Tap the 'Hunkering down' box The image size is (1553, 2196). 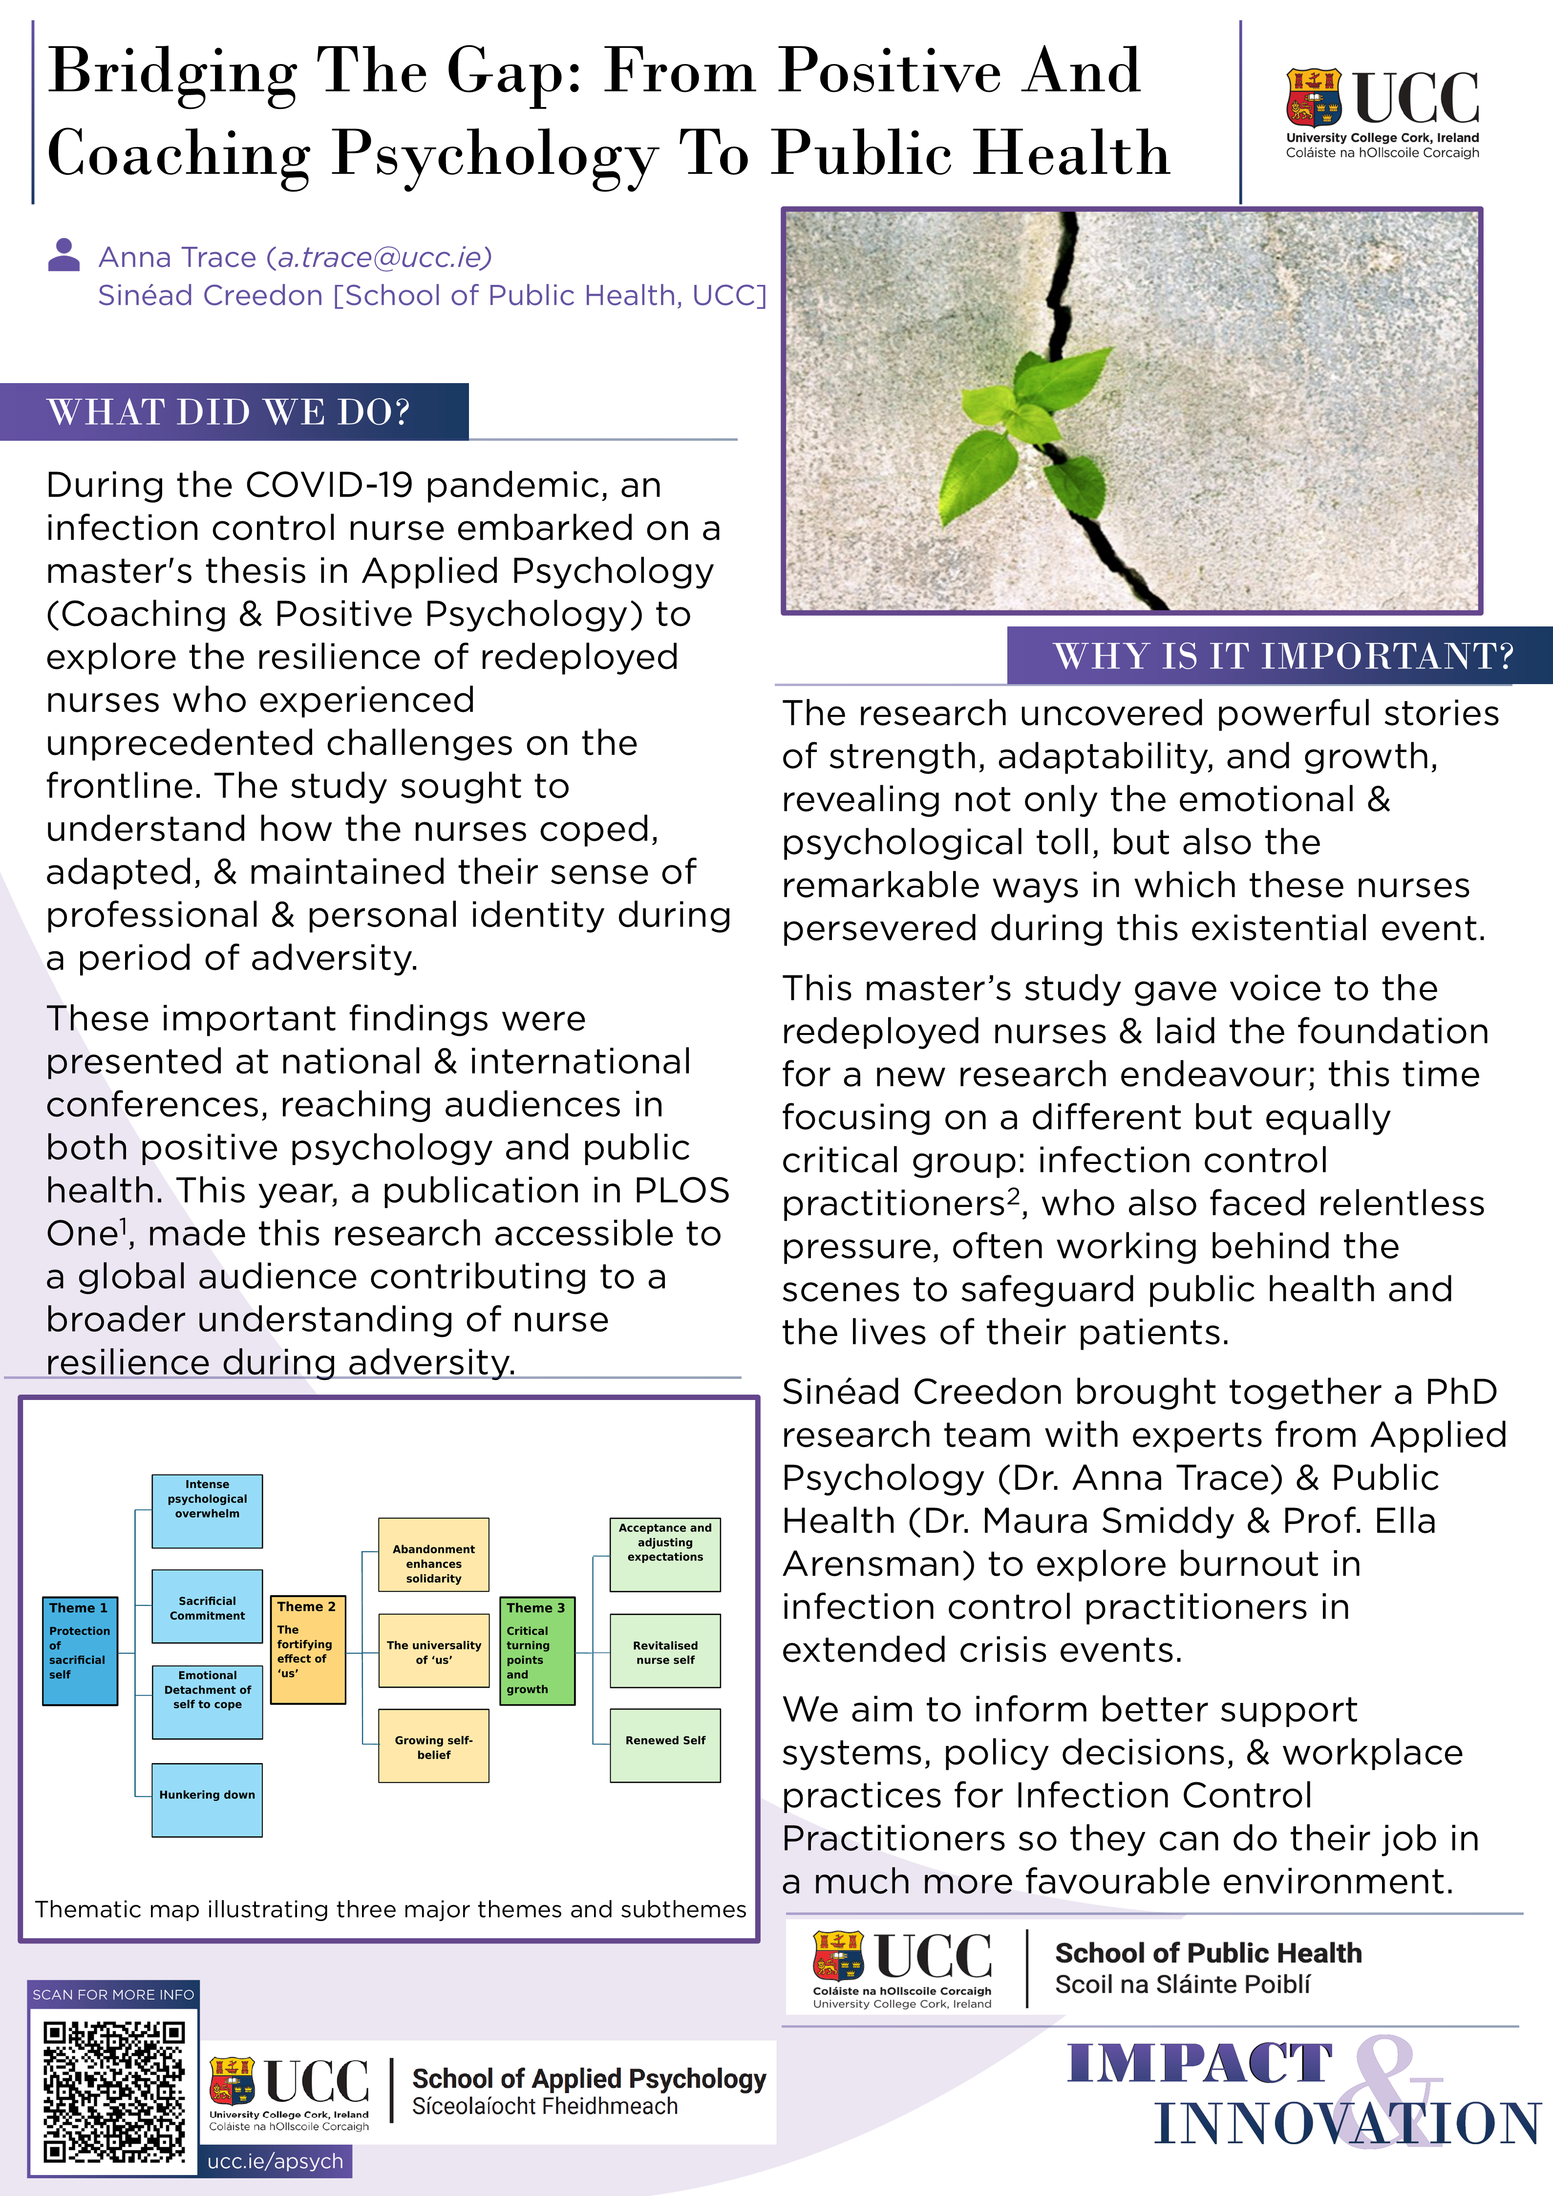(x=207, y=1799)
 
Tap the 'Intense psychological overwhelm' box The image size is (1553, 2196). (x=207, y=1510)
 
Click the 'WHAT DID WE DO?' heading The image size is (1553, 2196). (x=230, y=412)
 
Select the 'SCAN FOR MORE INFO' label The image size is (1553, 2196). (x=113, y=1994)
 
